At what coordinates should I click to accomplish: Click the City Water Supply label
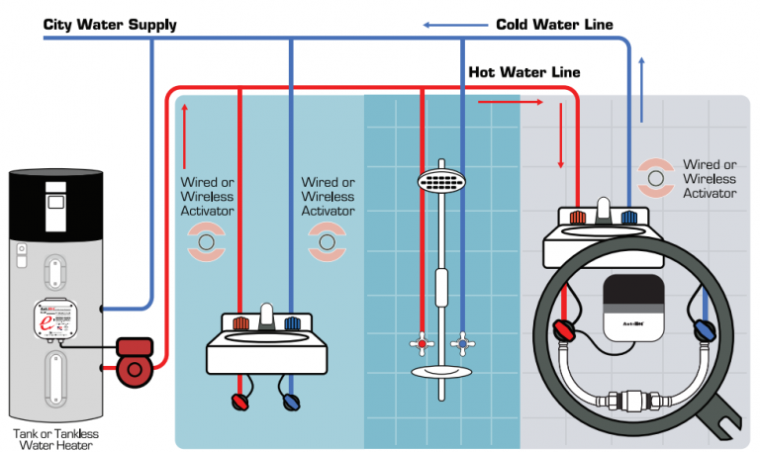[110, 24]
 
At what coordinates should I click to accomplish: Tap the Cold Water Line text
[554, 24]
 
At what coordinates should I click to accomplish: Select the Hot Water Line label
[523, 72]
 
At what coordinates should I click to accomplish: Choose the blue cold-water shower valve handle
[460, 345]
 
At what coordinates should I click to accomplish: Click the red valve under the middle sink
[240, 402]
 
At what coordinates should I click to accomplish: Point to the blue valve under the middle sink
[291, 402]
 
